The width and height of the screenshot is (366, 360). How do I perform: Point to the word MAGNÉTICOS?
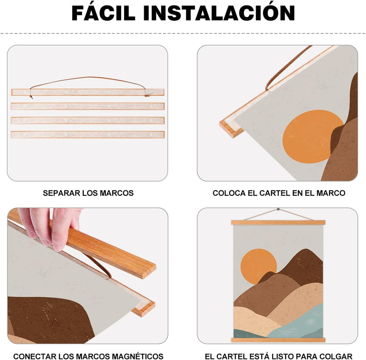(x=137, y=356)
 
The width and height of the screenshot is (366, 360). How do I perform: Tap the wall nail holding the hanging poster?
(x=278, y=210)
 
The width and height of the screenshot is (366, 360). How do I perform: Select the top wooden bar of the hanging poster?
(x=278, y=222)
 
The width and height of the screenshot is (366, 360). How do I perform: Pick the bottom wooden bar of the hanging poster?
(x=278, y=340)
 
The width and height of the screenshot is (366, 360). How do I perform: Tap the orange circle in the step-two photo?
(x=312, y=136)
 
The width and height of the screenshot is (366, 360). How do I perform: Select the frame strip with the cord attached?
(x=88, y=92)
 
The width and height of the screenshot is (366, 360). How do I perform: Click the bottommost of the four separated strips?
(x=88, y=134)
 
